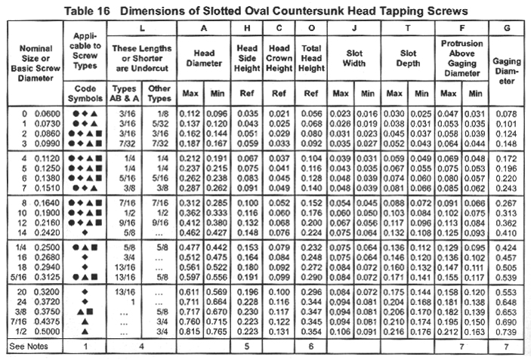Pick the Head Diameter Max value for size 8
click(x=190, y=203)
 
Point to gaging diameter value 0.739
click(x=508, y=333)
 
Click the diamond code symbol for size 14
click(x=85, y=235)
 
